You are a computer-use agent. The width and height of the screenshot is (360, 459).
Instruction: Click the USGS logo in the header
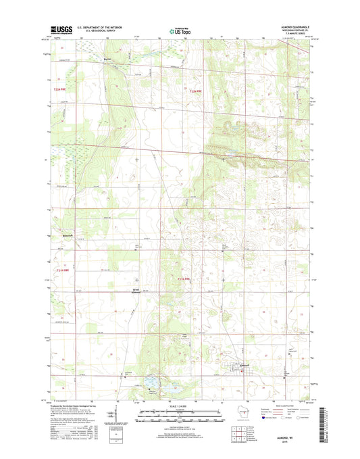(60, 30)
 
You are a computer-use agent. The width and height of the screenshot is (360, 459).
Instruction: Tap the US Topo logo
(180, 30)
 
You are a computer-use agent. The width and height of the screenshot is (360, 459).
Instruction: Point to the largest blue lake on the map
(154, 389)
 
